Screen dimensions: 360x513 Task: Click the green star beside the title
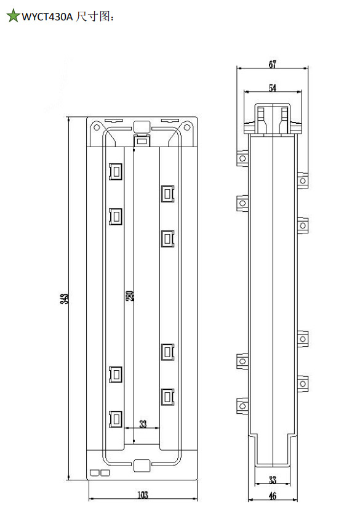coord(13,16)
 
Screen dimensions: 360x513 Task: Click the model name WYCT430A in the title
coord(47,17)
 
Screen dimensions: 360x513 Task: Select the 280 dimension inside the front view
coord(130,296)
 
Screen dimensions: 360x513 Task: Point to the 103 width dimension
coord(143,495)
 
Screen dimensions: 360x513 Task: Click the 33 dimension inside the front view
coord(143,424)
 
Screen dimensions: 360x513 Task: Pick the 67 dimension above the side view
coord(273,64)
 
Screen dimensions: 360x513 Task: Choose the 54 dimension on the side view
coord(273,87)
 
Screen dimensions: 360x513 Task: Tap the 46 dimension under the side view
coord(273,496)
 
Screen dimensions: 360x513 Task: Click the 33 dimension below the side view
coord(273,480)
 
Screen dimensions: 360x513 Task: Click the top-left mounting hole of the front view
coord(97,127)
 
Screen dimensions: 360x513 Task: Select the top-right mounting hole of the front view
coord(186,127)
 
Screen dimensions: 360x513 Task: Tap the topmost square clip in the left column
coord(116,171)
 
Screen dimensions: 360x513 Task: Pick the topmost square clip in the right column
coord(167,193)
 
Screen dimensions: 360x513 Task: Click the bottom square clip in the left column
coord(116,419)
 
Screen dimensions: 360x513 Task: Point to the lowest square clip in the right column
coord(167,397)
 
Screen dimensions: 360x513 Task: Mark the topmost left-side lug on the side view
coord(242,159)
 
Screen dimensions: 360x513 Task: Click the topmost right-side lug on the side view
coord(303,180)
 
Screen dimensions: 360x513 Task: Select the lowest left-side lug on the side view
coord(242,406)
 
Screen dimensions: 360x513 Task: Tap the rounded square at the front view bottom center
coord(142,466)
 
